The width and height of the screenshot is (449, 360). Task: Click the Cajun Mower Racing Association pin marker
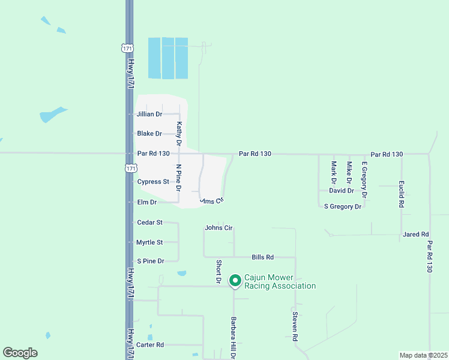[235, 280]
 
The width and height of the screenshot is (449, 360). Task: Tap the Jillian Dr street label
[149, 114]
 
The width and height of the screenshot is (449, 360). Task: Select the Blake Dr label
[149, 134]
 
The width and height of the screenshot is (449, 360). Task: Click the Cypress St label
[153, 182]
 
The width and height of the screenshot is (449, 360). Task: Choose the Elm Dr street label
[146, 203]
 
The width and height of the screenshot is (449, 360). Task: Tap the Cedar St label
[150, 223]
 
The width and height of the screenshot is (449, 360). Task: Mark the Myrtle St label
[149, 242]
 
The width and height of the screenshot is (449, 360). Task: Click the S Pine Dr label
[150, 261]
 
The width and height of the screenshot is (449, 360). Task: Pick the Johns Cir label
[218, 228]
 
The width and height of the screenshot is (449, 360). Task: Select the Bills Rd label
[263, 257]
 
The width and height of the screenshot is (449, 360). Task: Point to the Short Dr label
[219, 272]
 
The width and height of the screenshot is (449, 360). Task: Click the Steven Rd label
[295, 326]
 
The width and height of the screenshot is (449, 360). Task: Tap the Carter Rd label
[150, 345]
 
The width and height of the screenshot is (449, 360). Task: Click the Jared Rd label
[416, 235]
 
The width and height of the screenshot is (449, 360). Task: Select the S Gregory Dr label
[343, 206]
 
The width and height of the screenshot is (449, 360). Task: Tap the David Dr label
[341, 191]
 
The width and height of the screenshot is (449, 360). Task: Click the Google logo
[20, 353]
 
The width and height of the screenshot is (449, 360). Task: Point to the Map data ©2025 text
[423, 355]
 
